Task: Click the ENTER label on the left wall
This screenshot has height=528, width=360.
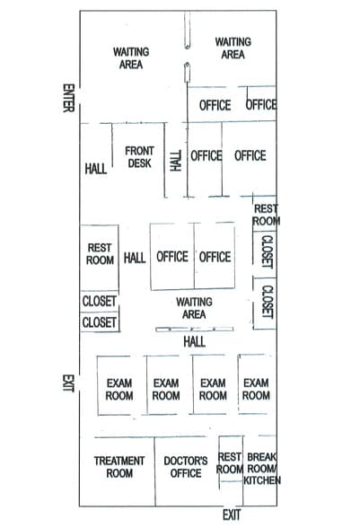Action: [67, 101]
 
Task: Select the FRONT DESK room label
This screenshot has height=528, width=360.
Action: [138, 157]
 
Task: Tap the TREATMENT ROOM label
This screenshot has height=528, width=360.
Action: [119, 467]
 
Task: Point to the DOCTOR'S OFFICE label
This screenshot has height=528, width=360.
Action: [186, 467]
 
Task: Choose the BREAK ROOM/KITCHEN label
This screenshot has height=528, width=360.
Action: [263, 468]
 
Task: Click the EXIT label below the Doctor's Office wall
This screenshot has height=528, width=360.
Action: [232, 515]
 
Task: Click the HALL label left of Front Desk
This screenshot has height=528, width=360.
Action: [96, 168]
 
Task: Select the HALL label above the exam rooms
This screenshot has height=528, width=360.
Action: [194, 342]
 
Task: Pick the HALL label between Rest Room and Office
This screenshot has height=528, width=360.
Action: [135, 258]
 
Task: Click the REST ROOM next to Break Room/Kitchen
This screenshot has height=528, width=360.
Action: [230, 462]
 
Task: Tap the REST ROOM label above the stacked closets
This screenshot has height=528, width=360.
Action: [99, 254]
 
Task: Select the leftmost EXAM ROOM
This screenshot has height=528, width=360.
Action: [119, 389]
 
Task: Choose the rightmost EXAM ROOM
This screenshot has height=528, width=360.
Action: [256, 389]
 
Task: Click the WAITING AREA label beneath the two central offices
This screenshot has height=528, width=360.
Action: [194, 308]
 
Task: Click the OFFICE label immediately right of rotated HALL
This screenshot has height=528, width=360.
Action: [206, 155]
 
